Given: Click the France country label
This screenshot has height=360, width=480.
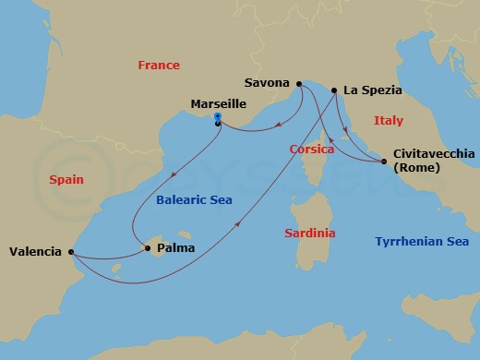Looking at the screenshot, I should [x=158, y=66].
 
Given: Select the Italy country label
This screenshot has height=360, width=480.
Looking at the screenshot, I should [x=388, y=121].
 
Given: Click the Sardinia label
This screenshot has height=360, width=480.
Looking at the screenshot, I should [x=310, y=234].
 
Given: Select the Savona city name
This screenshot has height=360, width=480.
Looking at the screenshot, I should [x=268, y=83].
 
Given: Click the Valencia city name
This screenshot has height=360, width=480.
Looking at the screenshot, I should [x=35, y=251].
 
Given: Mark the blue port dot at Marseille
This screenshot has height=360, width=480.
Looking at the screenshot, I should [x=217, y=117].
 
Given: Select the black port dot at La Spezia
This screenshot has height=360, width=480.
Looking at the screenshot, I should [x=333, y=90].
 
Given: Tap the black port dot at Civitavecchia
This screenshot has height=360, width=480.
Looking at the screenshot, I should [x=383, y=162].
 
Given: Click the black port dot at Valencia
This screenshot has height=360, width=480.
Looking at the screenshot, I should [x=71, y=251].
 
